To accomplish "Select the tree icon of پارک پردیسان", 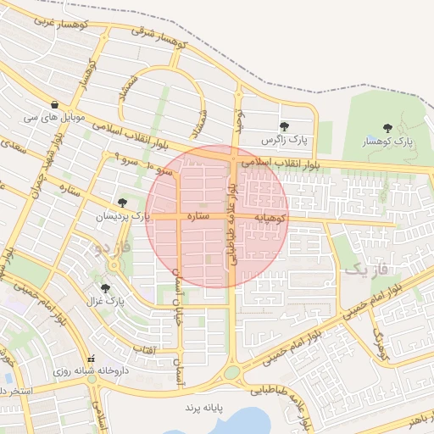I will coord(124,203).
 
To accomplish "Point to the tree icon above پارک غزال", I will coord(105,288).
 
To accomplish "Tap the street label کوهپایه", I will coord(273,218).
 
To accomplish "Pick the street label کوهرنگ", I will coord(379,342).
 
